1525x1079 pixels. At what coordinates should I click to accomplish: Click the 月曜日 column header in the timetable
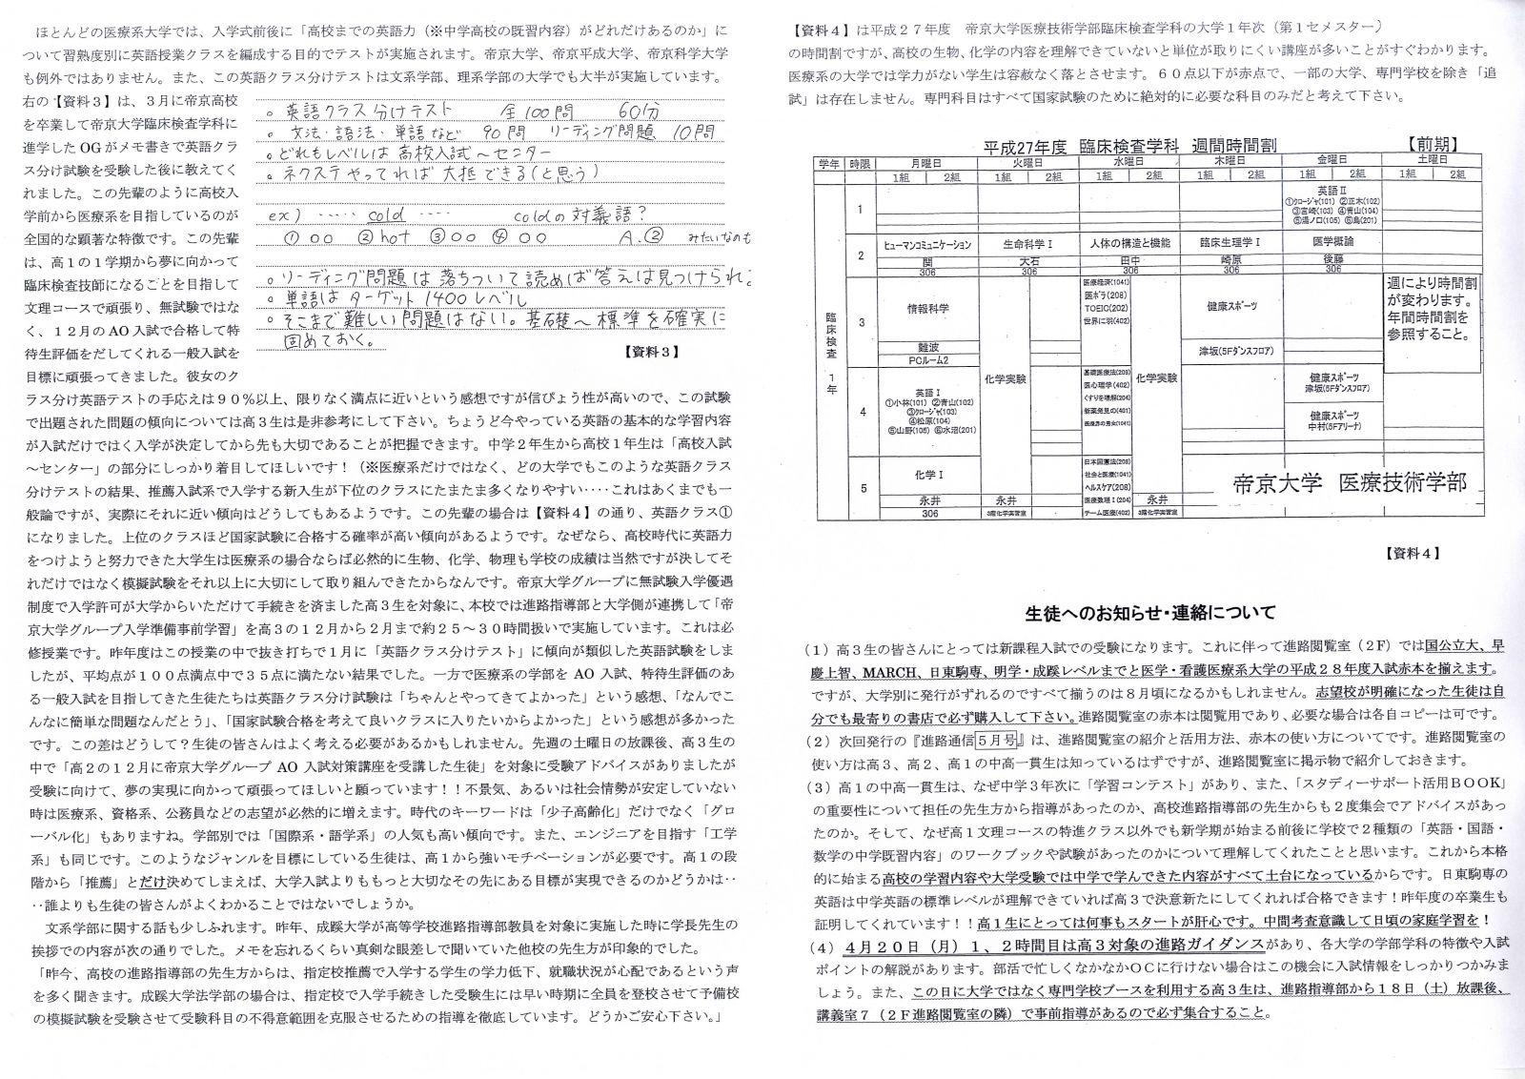925,163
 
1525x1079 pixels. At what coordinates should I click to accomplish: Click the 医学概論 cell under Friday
1332,243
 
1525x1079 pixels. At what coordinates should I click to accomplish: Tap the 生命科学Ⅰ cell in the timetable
1028,244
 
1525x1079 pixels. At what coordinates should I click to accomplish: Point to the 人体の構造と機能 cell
1129,244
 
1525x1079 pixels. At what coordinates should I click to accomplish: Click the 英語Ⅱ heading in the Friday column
1331,190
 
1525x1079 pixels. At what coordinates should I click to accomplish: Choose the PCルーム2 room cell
928,360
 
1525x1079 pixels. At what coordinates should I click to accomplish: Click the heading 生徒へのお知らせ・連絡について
1150,612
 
